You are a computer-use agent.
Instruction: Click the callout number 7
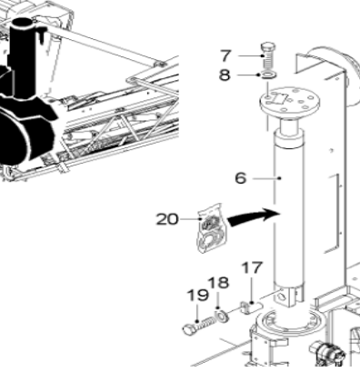[x=225, y=56]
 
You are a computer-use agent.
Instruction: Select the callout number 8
[x=225, y=75]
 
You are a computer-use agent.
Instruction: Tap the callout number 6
[x=241, y=178]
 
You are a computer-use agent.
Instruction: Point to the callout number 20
[x=167, y=219]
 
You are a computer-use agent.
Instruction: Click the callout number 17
[x=252, y=268]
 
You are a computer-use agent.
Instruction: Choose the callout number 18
[x=218, y=283]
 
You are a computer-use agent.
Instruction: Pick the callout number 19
[x=198, y=295]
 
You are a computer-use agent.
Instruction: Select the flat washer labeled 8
[x=269, y=75]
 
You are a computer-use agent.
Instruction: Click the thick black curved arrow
[x=254, y=216]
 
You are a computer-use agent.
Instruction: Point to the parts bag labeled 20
[x=212, y=228]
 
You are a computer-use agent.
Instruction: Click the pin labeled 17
[x=251, y=307]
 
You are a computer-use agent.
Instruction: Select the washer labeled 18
[x=222, y=317]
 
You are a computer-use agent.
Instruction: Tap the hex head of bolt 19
[x=190, y=329]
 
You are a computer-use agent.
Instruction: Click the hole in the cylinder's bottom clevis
[x=282, y=296]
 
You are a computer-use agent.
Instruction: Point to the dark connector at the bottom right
[x=328, y=353]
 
